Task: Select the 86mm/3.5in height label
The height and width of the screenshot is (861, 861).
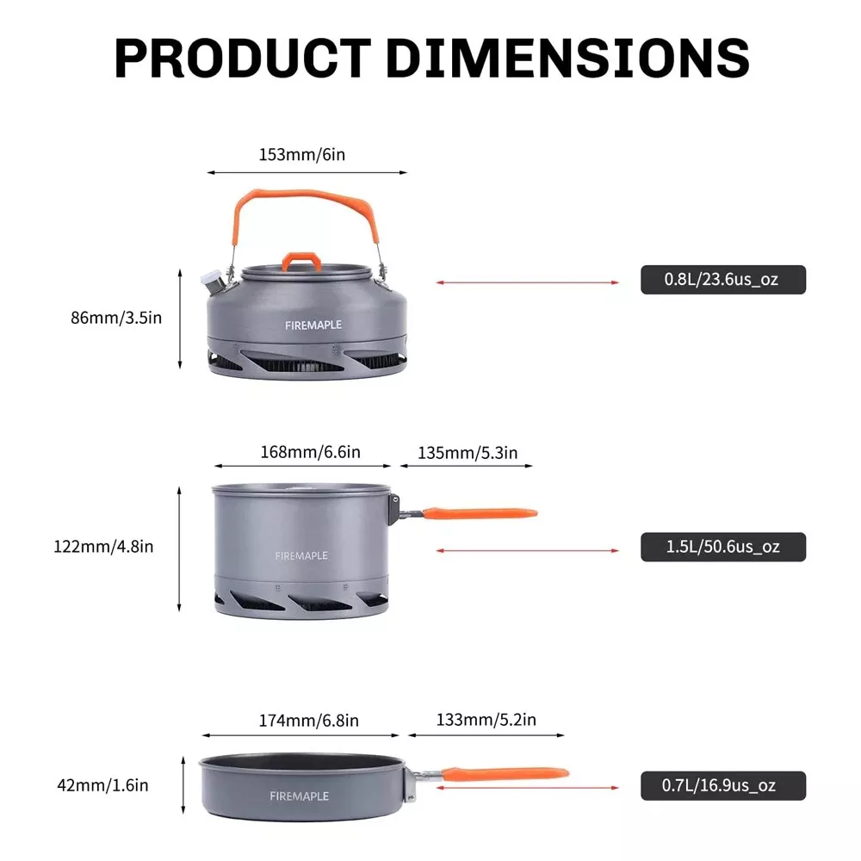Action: point(116,318)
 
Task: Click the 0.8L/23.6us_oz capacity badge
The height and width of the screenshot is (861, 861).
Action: point(722,280)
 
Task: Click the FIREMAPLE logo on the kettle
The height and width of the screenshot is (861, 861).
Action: point(313,325)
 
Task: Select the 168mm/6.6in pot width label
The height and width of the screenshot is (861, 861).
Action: point(310,452)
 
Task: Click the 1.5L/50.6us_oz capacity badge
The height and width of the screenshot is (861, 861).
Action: point(722,547)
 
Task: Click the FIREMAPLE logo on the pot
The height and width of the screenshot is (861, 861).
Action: point(301,556)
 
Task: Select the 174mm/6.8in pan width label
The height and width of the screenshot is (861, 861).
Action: point(308,721)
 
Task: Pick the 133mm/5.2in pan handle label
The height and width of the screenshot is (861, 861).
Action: point(486,721)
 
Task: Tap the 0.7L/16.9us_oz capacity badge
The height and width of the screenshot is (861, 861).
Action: point(722,785)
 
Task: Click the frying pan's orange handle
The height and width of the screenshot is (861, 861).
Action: point(507,773)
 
